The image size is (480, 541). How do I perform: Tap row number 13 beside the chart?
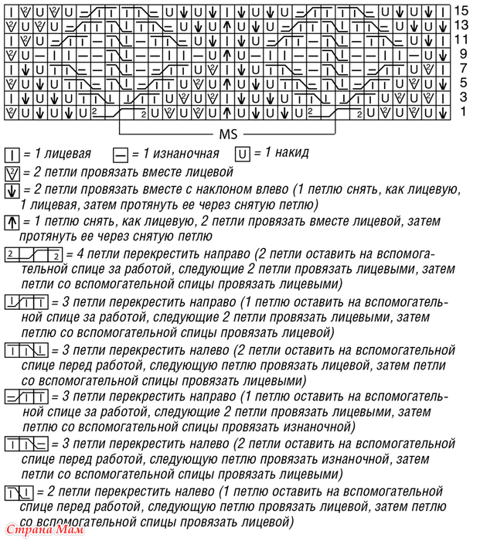[461, 25]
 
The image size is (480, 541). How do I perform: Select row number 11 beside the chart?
[461, 39]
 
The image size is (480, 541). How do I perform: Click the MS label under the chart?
[228, 133]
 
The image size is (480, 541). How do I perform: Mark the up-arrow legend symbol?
[12, 222]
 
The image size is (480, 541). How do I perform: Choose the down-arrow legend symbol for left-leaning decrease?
[12, 191]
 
